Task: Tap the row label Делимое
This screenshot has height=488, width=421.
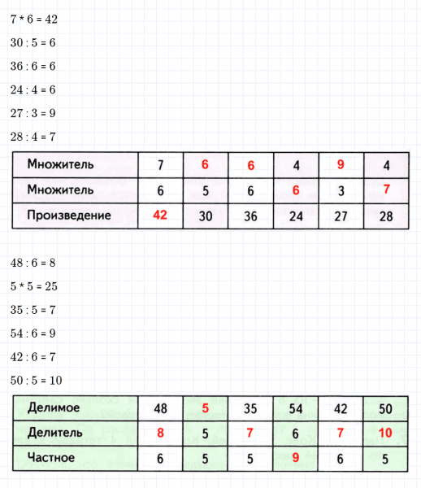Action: (x=54, y=406)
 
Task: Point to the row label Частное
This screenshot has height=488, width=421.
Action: (x=51, y=458)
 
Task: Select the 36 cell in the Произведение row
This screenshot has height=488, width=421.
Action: (x=250, y=216)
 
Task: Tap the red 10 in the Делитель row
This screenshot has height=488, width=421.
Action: (x=386, y=432)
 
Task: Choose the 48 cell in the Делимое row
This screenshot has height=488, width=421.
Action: (x=161, y=406)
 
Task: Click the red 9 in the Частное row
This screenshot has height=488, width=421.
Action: (x=296, y=458)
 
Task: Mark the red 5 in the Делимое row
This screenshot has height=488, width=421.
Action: (x=206, y=406)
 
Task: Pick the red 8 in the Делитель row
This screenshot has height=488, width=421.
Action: (x=161, y=432)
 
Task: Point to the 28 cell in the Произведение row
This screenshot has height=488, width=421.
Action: (x=386, y=216)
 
